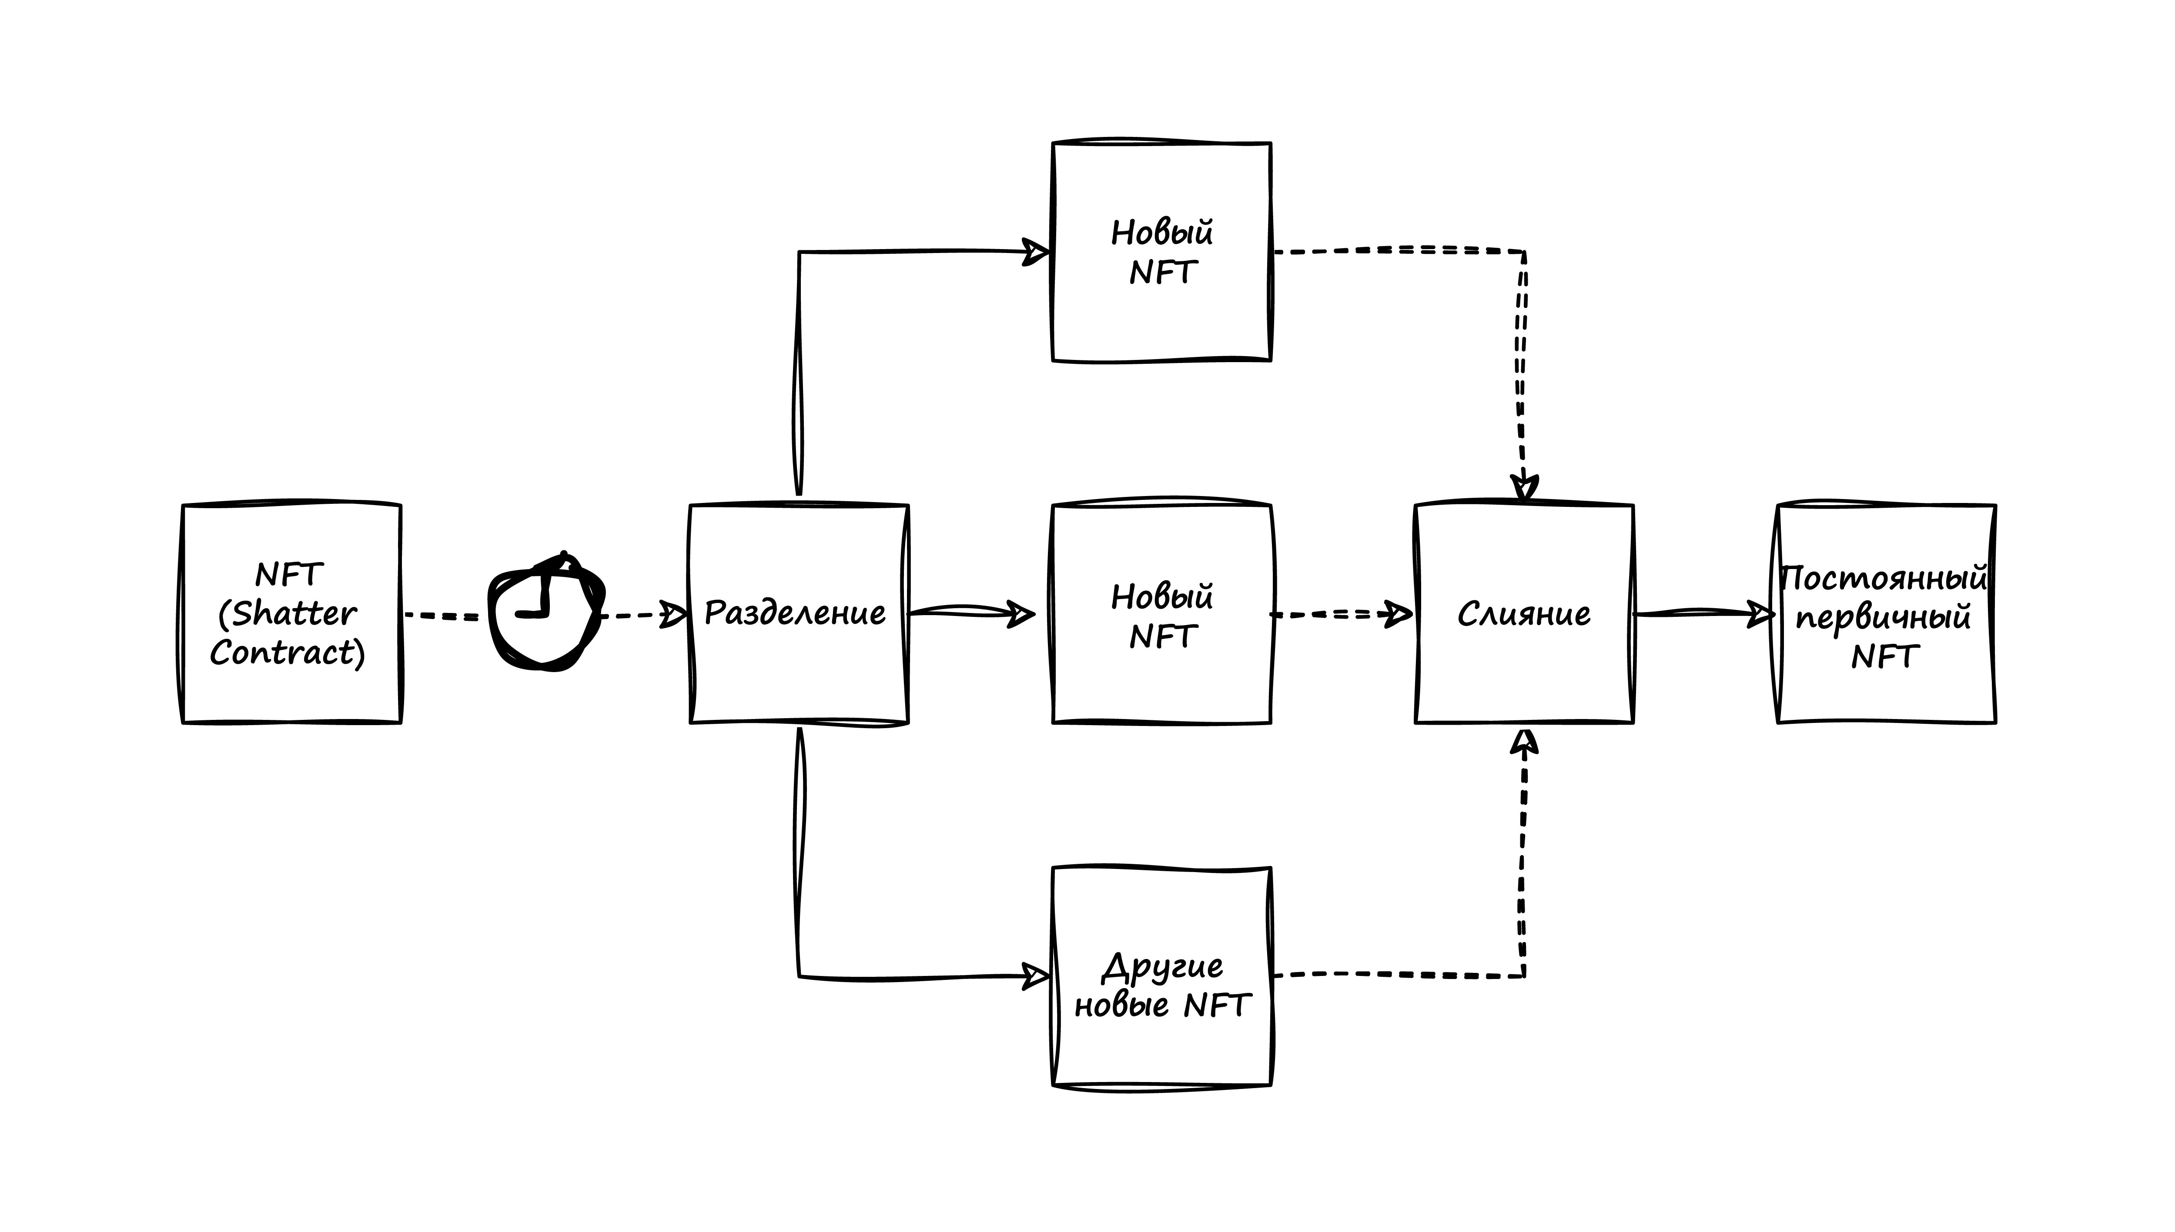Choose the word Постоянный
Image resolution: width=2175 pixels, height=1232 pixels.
(x=1883, y=579)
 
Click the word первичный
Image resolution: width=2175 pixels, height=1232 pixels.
(x=1883, y=618)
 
